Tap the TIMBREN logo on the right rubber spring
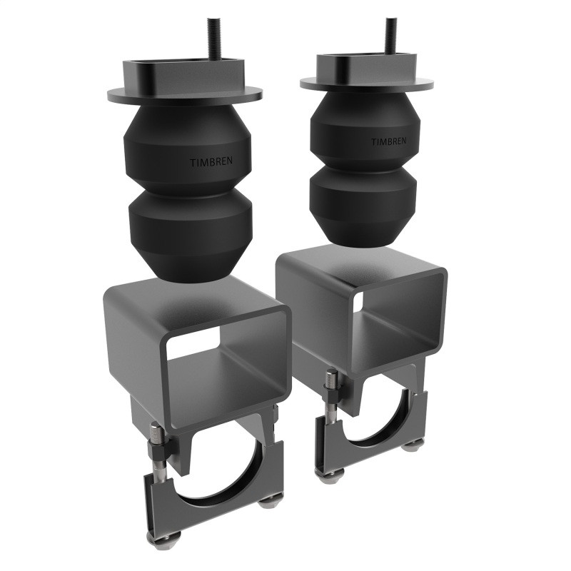[x=388, y=142]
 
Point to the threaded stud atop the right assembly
[x=390, y=36]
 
